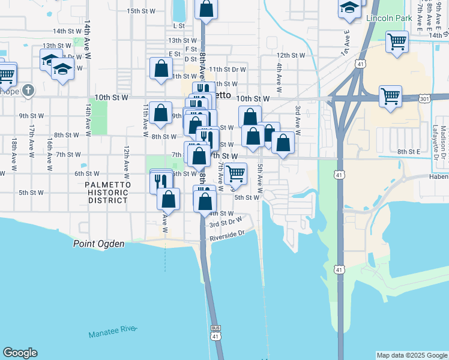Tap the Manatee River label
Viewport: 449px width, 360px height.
(x=113, y=332)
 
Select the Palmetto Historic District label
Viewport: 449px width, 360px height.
(x=107, y=192)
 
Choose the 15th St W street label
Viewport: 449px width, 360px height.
(x=141, y=11)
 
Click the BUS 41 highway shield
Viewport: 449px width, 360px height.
(x=215, y=332)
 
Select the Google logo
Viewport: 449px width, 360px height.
(x=20, y=353)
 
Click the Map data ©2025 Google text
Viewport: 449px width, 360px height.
(x=411, y=355)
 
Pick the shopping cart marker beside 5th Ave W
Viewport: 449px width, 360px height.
(x=237, y=174)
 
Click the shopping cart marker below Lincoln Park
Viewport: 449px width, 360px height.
(x=397, y=43)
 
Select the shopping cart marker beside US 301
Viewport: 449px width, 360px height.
(x=390, y=96)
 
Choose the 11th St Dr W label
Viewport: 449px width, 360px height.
(x=227, y=70)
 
